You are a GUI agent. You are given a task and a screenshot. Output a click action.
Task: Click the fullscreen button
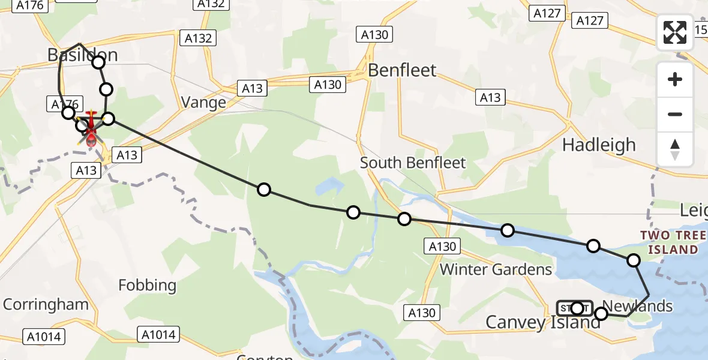675,32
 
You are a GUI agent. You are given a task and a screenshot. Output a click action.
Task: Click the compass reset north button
675,149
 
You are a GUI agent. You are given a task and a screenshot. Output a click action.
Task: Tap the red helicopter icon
91,128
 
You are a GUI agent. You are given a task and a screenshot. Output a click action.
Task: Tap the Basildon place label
82,56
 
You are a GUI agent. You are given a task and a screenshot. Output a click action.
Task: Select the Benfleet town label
402,70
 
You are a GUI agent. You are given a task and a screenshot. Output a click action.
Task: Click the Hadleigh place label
598,145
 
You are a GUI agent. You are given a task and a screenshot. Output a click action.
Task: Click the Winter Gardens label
496,269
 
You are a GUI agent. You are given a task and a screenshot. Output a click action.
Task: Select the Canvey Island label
542,322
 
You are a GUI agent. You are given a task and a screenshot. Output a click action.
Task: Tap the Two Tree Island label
669,242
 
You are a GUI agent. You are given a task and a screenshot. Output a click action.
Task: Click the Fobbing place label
147,285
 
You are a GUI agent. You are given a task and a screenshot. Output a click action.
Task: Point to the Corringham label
46,304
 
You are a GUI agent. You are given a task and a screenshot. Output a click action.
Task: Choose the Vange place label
204,102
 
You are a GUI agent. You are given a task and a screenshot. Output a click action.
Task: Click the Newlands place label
637,306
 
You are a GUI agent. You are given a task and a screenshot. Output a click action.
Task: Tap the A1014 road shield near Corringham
44,337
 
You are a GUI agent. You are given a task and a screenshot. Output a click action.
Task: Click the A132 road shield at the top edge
211,4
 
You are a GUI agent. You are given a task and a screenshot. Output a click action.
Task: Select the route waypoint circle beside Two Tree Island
634,260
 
